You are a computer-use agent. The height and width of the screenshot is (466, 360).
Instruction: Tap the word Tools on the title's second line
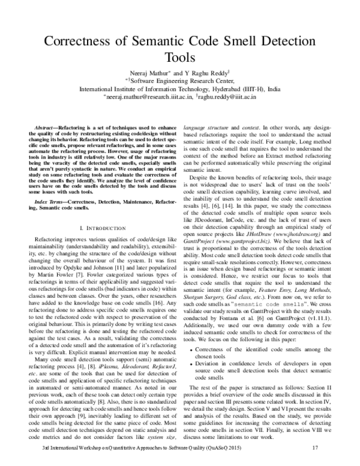coord(179,58)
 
